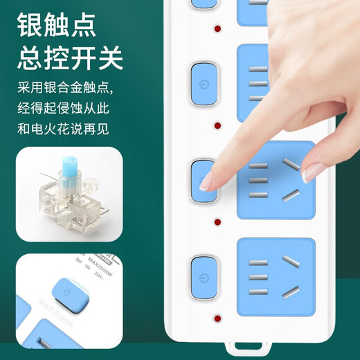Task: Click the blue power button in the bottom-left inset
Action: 66,293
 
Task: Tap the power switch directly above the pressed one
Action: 202,80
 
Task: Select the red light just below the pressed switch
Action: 217,224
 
